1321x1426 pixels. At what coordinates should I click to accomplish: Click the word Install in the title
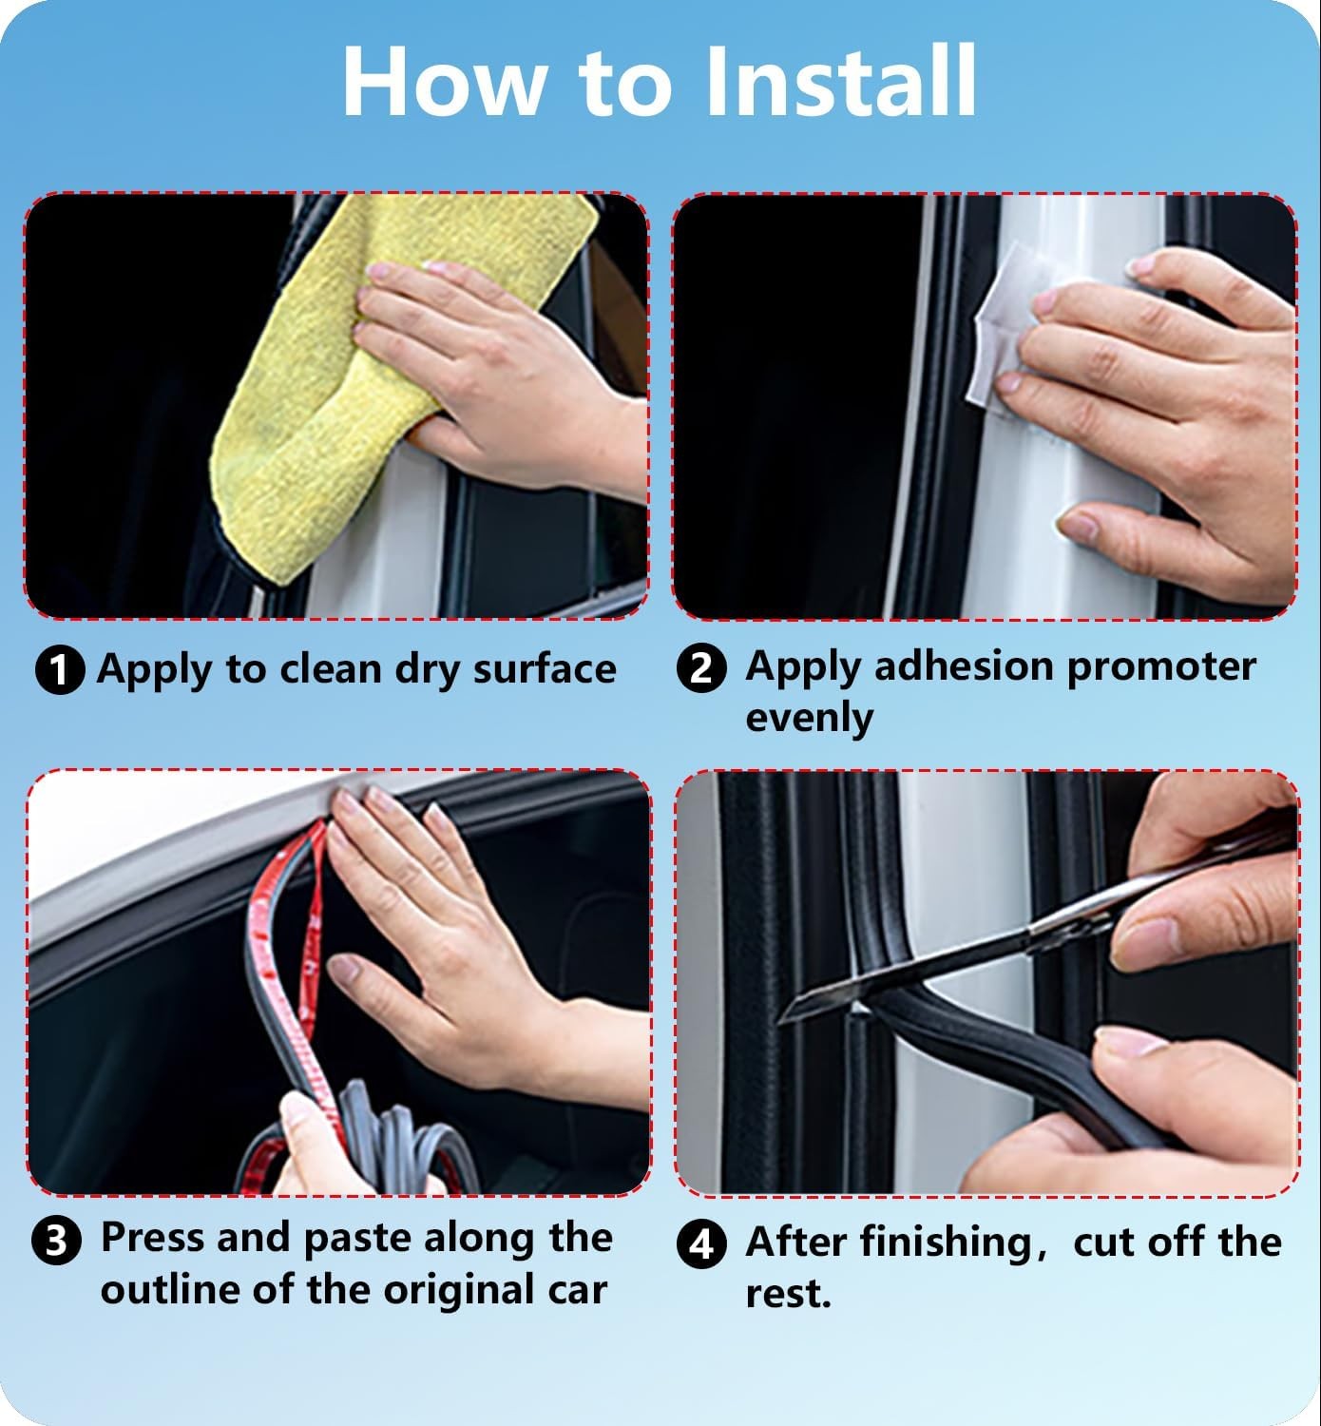click(x=841, y=81)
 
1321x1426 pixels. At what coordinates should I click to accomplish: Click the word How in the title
click(x=443, y=81)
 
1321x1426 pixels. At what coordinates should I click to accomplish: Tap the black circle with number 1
click(x=60, y=669)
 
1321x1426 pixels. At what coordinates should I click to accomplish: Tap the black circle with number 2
click(x=701, y=667)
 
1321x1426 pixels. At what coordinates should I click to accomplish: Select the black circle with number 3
click(x=57, y=1241)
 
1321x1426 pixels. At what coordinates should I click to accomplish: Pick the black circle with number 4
click(x=701, y=1244)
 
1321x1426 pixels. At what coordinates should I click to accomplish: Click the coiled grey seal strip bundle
click(x=402, y=1134)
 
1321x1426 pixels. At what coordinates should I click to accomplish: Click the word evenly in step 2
click(x=809, y=718)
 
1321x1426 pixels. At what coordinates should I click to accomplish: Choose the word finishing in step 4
click(x=947, y=1243)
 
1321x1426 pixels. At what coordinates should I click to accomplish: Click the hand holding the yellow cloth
click(x=495, y=374)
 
